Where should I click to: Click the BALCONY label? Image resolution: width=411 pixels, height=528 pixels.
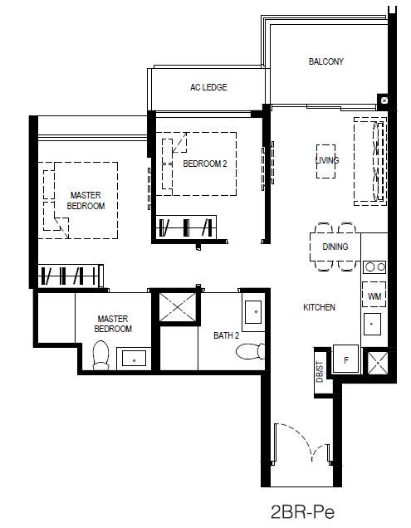[x=326, y=61]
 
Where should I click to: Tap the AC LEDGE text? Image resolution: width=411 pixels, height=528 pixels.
[x=208, y=87]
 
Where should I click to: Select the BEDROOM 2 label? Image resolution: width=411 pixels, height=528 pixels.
[x=205, y=164]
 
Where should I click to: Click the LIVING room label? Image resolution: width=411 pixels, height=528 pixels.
[x=327, y=160]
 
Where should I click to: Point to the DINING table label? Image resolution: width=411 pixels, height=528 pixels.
[x=335, y=247]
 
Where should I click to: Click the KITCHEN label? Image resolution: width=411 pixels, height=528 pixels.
[x=319, y=307]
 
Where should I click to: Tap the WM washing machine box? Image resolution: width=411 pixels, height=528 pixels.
[x=374, y=295]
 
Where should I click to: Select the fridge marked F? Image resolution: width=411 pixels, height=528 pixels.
[x=345, y=359]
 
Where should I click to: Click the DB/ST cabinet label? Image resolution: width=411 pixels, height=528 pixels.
[x=320, y=372]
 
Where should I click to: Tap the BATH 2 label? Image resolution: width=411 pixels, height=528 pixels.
[x=227, y=335]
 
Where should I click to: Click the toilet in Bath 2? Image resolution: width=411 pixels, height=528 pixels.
[x=250, y=351]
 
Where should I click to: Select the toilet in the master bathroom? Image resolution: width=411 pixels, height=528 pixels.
[x=100, y=355]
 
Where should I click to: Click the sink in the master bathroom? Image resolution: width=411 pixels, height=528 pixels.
[x=134, y=359]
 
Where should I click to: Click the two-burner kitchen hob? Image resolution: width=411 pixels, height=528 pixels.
[x=374, y=267]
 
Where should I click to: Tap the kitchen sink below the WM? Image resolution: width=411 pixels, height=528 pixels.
[x=372, y=324]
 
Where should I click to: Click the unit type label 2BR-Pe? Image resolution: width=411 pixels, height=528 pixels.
[x=303, y=512]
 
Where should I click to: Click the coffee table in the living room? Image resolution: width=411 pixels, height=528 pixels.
[x=325, y=161]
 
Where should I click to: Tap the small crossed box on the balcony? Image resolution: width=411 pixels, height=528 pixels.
[x=384, y=100]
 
